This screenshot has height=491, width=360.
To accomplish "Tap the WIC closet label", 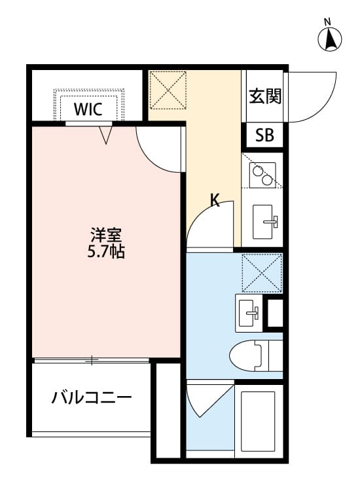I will click(x=88, y=109).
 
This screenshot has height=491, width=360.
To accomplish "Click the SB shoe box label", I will click(x=264, y=136).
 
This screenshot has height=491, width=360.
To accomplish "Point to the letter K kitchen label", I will click(x=215, y=201).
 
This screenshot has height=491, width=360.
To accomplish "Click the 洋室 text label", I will click(x=105, y=235).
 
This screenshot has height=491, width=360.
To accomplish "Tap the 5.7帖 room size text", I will click(x=105, y=251).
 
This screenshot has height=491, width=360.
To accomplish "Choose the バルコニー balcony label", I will click(x=92, y=397).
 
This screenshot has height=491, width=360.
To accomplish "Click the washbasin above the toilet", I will click(x=249, y=314).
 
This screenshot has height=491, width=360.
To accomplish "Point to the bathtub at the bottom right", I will click(x=259, y=419).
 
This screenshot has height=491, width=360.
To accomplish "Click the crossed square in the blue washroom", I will click(x=262, y=272).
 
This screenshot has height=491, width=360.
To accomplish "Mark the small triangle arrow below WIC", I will click(x=106, y=135).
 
